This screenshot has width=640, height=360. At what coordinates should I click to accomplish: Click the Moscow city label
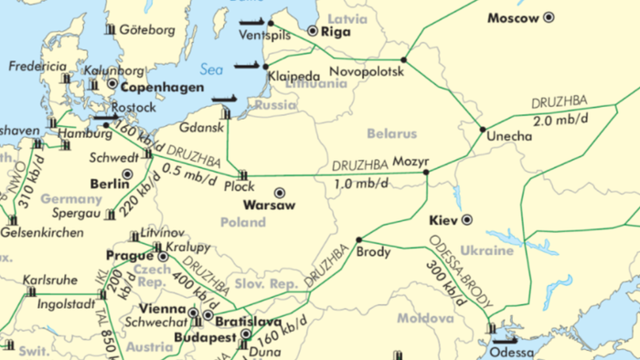pos(513,17)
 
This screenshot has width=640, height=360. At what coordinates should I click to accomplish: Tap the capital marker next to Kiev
pos(467,219)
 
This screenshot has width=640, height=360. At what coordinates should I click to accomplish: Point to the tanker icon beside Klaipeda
pos(248,65)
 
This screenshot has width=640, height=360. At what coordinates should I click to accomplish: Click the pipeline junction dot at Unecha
pos(483,129)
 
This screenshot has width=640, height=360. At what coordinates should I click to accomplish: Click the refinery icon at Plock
pos(243,175)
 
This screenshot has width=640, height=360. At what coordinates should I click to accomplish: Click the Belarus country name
pos(391,133)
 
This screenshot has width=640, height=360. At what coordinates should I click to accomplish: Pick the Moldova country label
pos(425,319)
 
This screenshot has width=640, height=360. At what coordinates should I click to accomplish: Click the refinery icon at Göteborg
pos(110,29)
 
